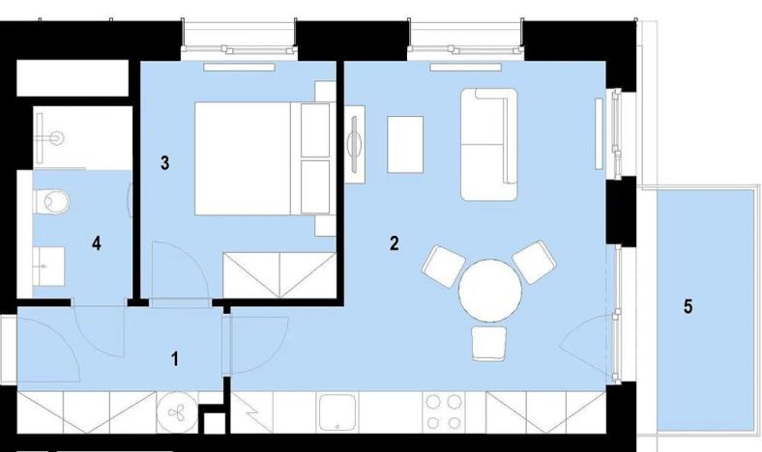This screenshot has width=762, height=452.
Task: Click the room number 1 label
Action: click(x=175, y=359)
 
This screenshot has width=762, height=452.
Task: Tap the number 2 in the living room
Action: click(x=394, y=243)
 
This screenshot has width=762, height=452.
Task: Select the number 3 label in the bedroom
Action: click(x=165, y=163)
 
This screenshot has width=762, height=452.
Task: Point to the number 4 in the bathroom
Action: click(x=97, y=243)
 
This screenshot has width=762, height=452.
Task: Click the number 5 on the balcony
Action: click(x=688, y=307)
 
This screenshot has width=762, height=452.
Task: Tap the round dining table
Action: click(x=489, y=291)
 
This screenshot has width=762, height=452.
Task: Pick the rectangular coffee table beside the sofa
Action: click(x=405, y=144)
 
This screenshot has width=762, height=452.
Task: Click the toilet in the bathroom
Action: click(x=52, y=202)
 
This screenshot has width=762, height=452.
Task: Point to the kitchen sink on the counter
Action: click(x=339, y=412)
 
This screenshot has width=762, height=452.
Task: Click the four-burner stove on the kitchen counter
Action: click(x=444, y=412)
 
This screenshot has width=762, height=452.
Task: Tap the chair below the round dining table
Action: click(x=489, y=342)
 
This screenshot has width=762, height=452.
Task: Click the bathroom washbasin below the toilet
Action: click(x=48, y=260)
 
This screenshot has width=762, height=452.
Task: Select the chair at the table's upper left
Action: click(x=445, y=264)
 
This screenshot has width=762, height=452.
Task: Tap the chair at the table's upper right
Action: click(x=536, y=262)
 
